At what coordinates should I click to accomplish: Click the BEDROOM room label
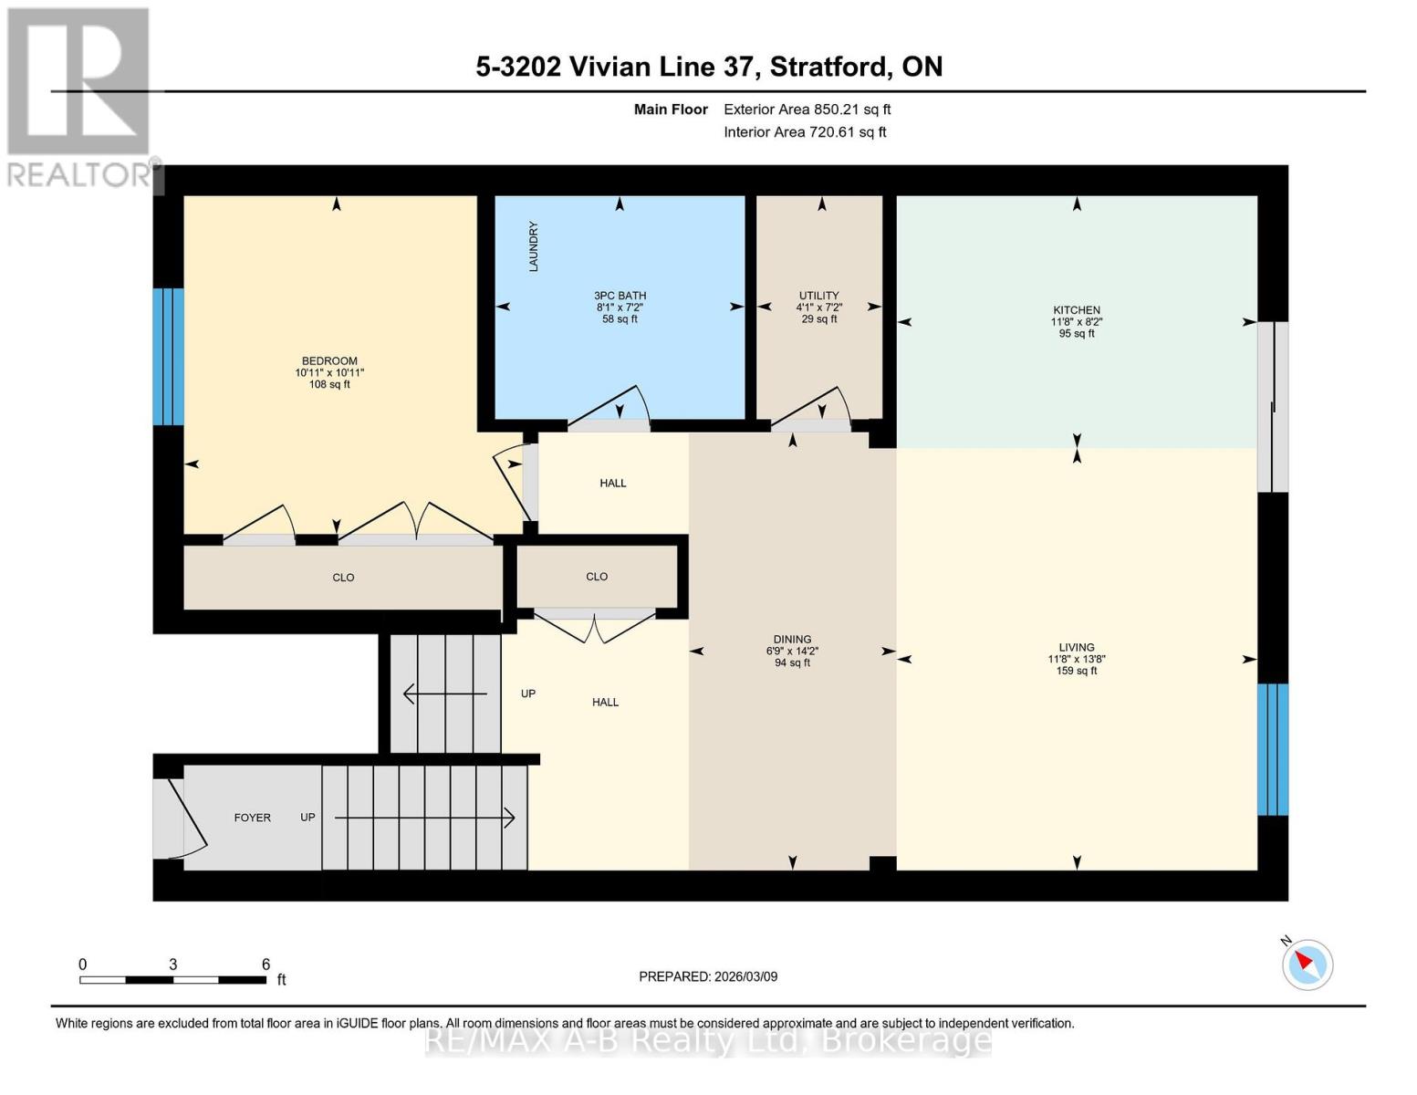coord(329,361)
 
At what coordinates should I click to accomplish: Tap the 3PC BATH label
coord(620,296)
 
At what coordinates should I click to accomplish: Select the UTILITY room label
coord(818,296)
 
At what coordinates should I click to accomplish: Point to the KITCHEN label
coord(1077,310)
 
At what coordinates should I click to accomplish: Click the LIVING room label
coord(1077,648)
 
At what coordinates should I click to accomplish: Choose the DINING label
coord(792,640)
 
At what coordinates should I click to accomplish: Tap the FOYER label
coord(252,818)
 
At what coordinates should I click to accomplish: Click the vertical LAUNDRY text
coord(534,246)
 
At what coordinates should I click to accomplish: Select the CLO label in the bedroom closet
coord(343,578)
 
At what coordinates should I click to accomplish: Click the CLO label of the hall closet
coord(597,577)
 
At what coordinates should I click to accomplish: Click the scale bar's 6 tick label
coord(266,965)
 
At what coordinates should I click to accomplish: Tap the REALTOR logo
coord(80,96)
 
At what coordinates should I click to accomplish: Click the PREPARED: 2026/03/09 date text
coord(708,976)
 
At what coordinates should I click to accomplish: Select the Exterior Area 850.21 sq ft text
coord(807,109)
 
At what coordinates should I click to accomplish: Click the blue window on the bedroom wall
coord(168,357)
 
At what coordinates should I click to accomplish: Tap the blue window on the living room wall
coord(1273,749)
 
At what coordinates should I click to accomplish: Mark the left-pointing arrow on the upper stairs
coord(445,694)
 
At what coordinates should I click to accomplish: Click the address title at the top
coord(709,67)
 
